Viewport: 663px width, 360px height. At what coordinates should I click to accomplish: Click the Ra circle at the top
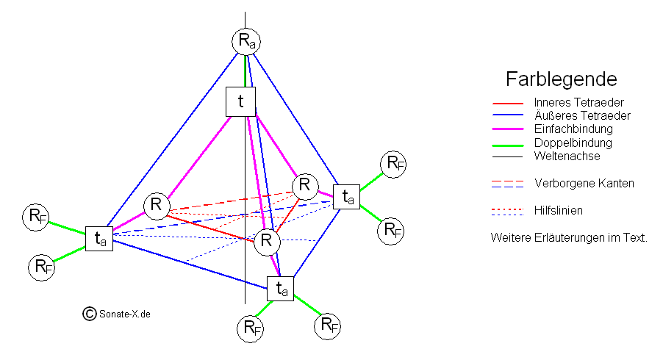click(246, 41)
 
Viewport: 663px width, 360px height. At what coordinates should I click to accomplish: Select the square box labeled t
click(240, 101)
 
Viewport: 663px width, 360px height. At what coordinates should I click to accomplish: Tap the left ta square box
click(99, 238)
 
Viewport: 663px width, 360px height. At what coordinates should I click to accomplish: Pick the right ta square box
click(346, 197)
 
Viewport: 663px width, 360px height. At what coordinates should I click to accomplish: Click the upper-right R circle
click(304, 185)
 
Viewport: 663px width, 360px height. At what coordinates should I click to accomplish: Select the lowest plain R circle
click(267, 241)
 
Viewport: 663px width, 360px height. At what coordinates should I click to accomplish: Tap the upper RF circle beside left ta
click(36, 217)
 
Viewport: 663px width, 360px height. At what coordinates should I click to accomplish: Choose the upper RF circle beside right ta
click(394, 163)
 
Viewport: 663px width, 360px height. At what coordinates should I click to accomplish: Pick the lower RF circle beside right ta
click(390, 231)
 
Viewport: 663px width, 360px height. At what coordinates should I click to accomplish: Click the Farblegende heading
click(561, 79)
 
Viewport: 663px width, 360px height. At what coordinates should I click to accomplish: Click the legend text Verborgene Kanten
click(584, 183)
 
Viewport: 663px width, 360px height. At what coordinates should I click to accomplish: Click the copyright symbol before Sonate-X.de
click(90, 314)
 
